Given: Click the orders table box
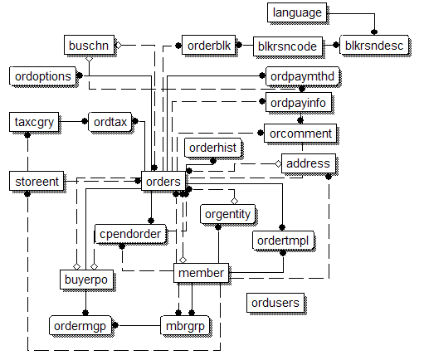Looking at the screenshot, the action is click(163, 181).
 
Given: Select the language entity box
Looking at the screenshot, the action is click(297, 12).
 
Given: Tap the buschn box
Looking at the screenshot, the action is click(89, 45).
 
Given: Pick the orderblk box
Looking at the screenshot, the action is click(208, 45).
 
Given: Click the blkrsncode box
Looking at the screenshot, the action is click(288, 46).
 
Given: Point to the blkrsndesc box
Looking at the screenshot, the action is click(374, 45).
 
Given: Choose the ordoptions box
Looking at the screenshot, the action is click(42, 75).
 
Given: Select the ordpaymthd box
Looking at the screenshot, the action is click(302, 76).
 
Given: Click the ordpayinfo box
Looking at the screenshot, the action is click(299, 102).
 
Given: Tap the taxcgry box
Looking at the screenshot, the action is click(34, 122).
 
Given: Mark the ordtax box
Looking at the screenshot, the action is click(110, 122).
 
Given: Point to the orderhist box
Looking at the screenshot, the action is click(212, 148).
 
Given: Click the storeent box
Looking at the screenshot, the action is click(37, 181).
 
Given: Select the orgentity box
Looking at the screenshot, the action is click(227, 214).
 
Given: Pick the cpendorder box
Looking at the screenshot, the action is click(130, 234).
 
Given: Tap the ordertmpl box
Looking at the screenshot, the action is click(283, 240).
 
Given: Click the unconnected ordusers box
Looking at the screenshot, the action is click(275, 303).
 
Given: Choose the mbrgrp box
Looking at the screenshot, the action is click(185, 325).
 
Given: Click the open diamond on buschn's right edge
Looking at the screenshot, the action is click(119, 45).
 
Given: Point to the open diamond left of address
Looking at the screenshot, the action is click(278, 163).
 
